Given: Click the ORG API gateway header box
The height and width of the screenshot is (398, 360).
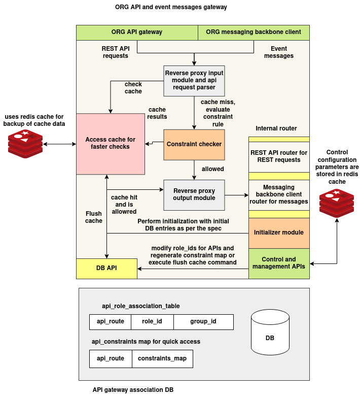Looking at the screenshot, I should pos(137,32).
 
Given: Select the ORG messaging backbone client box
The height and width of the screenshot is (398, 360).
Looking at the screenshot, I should pos(254,32).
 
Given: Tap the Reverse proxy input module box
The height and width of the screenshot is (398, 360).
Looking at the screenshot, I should pos(194,80).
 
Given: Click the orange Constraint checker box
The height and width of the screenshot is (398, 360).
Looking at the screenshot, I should pos(194,144).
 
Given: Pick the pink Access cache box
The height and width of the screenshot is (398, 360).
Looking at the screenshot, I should pos(111,144).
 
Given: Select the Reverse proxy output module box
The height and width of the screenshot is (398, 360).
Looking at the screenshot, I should pos(194,194).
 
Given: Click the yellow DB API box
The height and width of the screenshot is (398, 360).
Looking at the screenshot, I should pos(106,268).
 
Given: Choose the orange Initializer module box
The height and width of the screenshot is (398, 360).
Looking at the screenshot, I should pos(279,233).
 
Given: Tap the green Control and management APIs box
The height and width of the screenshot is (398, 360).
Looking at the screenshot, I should pos(279,263).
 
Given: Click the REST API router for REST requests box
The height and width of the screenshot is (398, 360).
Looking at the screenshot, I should pos(279,156).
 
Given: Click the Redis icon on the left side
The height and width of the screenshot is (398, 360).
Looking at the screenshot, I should pos(25,144).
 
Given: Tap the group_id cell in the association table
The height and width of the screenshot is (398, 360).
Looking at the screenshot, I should pos(203,322).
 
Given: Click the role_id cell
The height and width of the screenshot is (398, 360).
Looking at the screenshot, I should pos(152,322).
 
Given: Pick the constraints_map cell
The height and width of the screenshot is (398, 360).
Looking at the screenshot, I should pos(162,358).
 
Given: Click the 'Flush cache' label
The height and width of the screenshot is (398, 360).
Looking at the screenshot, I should pos(94,217).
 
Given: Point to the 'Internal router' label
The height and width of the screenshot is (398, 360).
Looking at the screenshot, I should pos(276,128).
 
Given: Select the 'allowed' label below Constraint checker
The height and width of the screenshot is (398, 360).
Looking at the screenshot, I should pos(213,169).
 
